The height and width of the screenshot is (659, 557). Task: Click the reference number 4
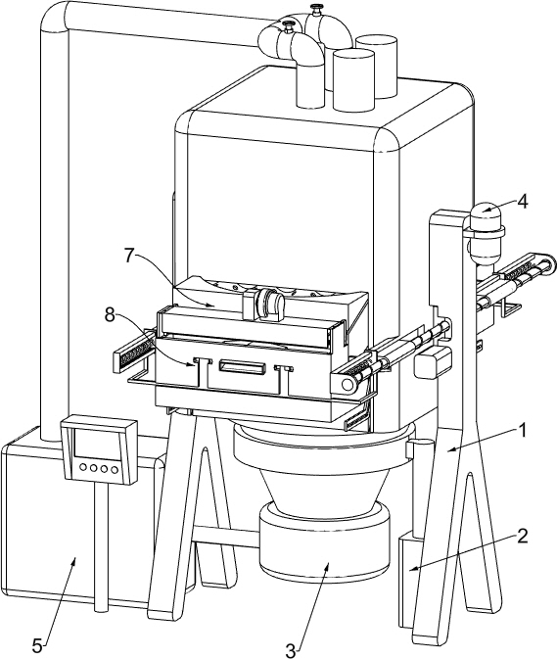pos(522,202)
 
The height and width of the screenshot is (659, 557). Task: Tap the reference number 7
pos(130,256)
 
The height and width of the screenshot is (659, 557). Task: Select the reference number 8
pos(110,314)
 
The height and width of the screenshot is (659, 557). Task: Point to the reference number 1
pos(522,430)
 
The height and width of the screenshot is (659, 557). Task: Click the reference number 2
pos(522,537)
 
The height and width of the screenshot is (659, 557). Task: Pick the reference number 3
pos(291,650)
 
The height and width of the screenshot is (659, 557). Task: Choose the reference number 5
pos(38,644)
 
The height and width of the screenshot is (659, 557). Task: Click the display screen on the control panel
pos(96,445)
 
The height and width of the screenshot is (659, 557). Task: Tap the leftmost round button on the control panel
pos(83,466)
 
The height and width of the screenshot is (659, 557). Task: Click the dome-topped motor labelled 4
pos(486,234)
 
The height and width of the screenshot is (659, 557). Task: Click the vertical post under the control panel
pos(100,546)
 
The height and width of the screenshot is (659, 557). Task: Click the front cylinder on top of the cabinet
pos(352,80)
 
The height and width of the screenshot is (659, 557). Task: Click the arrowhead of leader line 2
pos(412,569)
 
